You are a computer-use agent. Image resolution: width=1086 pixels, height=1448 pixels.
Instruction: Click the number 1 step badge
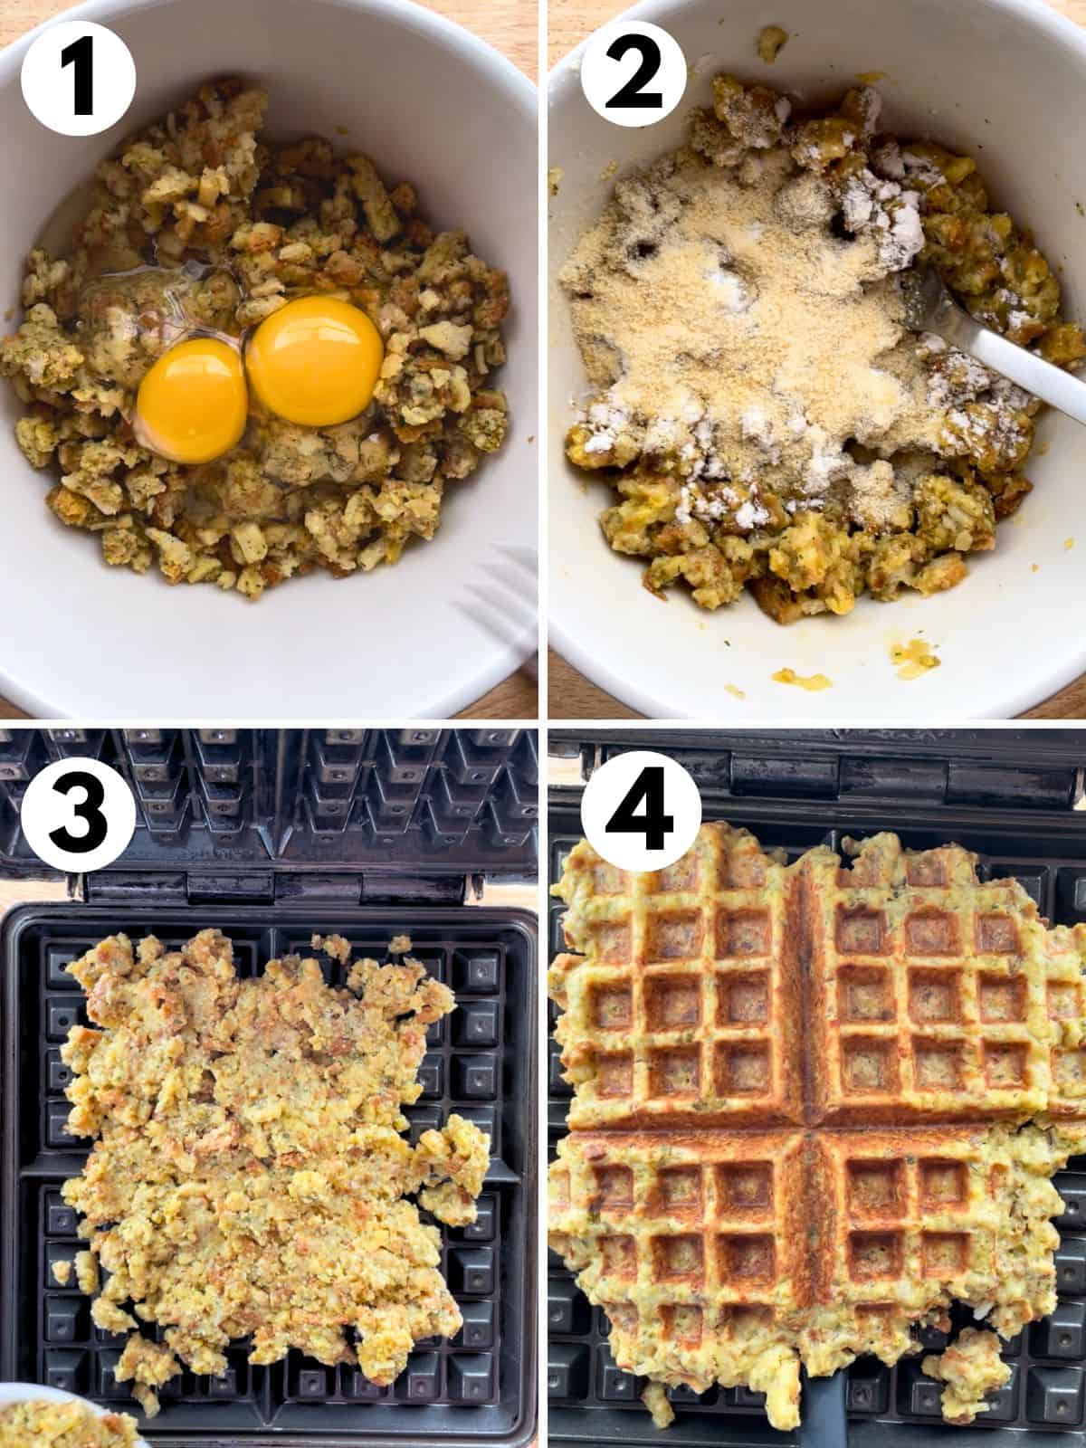(x=78, y=78)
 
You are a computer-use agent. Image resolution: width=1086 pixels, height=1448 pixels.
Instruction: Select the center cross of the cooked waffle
(x=804, y=1127)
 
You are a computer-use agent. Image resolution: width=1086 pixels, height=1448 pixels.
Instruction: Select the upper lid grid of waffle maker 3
(x=271, y=787)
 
